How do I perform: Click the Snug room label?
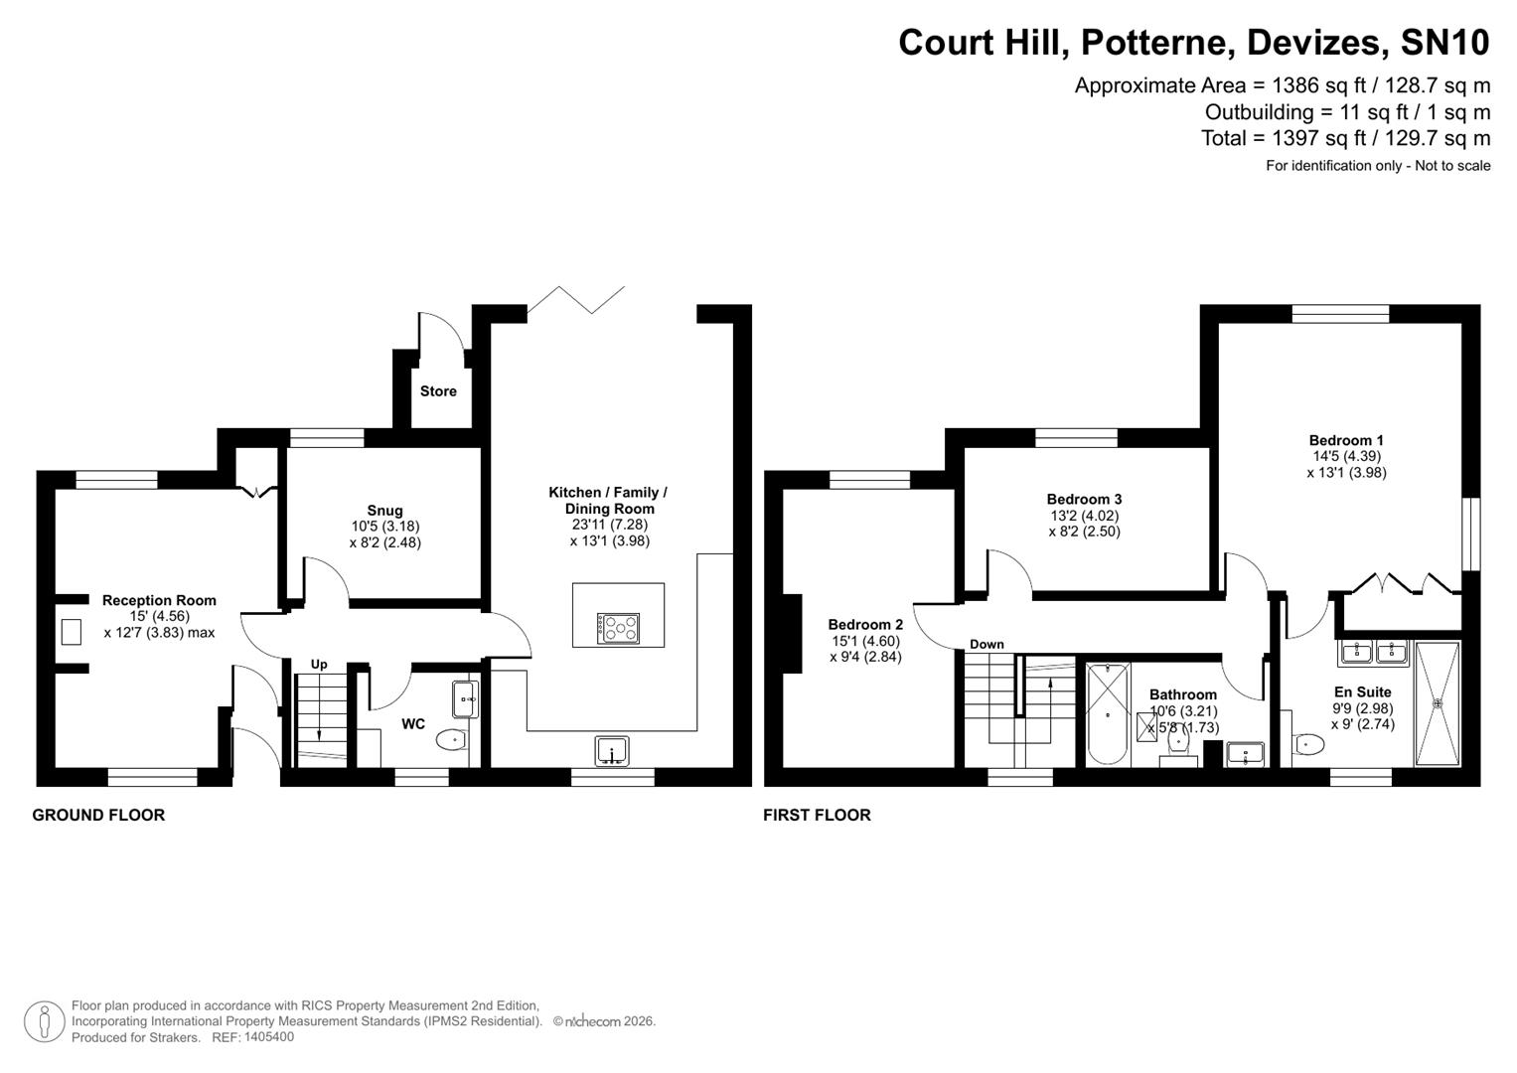click(x=384, y=511)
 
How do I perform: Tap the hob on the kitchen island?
click(x=618, y=628)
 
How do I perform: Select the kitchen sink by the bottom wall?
click(x=612, y=750)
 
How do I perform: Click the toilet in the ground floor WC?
click(x=451, y=739)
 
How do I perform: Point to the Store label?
click(x=438, y=391)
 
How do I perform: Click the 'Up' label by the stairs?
click(x=319, y=664)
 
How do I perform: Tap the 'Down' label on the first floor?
click(x=986, y=644)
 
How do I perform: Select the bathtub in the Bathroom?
click(x=1108, y=714)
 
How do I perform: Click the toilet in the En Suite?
click(x=1309, y=744)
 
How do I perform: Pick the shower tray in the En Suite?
click(x=1437, y=703)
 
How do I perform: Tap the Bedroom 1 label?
click(x=1346, y=440)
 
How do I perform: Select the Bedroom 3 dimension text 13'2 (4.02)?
click(x=1084, y=516)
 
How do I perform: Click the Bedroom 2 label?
click(x=865, y=625)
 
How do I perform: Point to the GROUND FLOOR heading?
click(x=98, y=815)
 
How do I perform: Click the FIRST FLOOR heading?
click(x=817, y=815)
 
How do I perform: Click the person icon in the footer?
click(x=45, y=1021)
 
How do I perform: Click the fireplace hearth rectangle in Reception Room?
click(x=71, y=632)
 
